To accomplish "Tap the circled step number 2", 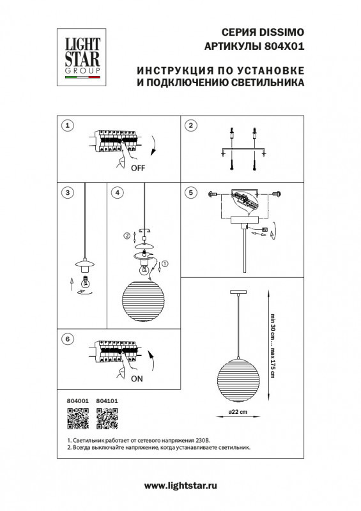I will (190, 125).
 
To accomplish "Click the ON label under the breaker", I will (136, 378).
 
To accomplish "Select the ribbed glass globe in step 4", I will (144, 301).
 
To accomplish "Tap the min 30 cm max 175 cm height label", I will (272, 347).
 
